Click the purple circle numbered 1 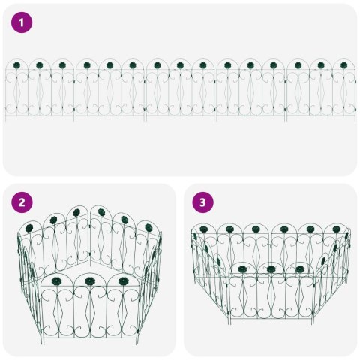pyautogui.click(x=22, y=22)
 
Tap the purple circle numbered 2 pyautogui.click(x=22, y=202)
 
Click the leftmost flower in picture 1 pyautogui.click(x=16, y=66)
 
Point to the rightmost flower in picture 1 pyautogui.click(x=343, y=66)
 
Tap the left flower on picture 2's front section pyautogui.click(x=55, y=280)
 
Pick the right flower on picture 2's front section pyautogui.click(x=123, y=280)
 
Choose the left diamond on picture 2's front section pyautogui.click(x=55, y=316)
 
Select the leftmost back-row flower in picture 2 pyautogui.click(x=29, y=227)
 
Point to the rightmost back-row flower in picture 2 pyautogui.click(x=148, y=226)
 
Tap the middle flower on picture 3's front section pyautogui.click(x=271, y=268)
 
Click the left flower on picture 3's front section pyautogui.click(x=242, y=268)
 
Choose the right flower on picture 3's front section pyautogui.click(x=299, y=268)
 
